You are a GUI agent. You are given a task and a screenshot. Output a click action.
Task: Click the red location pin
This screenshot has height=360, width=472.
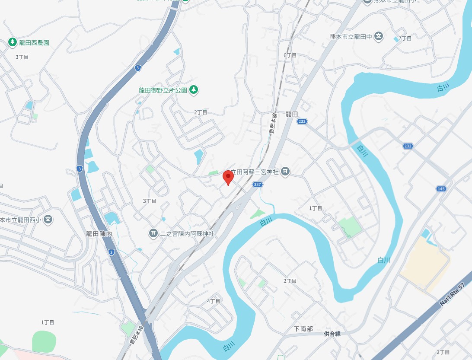tap(228, 178)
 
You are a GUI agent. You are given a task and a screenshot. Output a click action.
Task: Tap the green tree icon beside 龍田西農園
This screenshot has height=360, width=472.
tap(13, 42)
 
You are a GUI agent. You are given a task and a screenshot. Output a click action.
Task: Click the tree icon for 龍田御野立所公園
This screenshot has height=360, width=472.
tap(194, 89)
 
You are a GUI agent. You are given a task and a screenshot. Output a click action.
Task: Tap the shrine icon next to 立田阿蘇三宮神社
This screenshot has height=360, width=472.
tap(285, 172)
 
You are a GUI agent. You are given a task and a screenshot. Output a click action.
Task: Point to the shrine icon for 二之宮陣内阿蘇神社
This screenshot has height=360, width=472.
tap(153, 234)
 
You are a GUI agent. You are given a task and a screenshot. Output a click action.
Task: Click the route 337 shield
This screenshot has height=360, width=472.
tap(257, 185)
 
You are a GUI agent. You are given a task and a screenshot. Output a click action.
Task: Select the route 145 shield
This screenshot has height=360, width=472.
tap(441, 189)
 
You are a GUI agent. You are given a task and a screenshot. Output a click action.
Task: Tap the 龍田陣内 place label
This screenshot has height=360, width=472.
tap(99, 234)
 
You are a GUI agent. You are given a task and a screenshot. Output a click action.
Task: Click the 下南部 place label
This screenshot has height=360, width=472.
tap(303, 329)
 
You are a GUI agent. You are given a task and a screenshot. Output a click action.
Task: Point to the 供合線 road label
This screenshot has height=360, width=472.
tap(332, 334)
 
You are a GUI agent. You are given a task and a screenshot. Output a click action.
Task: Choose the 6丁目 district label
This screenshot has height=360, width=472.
tap(290, 55)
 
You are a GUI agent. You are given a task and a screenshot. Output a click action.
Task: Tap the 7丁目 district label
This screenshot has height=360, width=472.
tap(405, 38)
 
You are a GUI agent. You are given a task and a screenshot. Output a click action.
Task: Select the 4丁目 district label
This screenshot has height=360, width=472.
tap(214, 301)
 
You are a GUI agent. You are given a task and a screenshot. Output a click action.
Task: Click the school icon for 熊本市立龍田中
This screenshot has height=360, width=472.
tap(379, 36)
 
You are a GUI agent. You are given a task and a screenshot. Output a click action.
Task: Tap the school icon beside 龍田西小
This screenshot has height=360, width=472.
tap(48, 220)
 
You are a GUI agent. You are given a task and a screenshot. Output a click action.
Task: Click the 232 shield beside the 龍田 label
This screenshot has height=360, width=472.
tap(302, 122)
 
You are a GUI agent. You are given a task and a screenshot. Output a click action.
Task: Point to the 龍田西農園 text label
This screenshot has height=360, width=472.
tap(34, 43)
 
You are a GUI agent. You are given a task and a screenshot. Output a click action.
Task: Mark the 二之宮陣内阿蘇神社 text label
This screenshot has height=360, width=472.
tap(187, 234)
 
